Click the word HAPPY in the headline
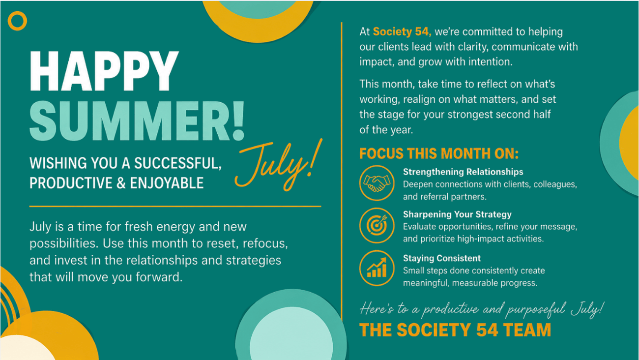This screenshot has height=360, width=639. [x=104, y=71]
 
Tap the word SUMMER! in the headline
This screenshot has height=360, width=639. [x=137, y=121]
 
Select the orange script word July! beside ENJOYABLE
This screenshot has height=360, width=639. [x=279, y=165]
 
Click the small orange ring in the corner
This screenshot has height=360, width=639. [x=17, y=21]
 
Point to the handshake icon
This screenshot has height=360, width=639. [x=377, y=183]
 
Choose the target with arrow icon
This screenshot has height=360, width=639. [x=377, y=226]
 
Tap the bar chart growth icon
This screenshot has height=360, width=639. [x=377, y=268]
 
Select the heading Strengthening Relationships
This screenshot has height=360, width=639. [x=463, y=172]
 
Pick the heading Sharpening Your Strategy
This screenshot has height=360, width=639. [x=457, y=214]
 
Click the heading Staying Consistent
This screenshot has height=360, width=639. [x=442, y=258]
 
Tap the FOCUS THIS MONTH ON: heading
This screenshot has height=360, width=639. [x=439, y=153]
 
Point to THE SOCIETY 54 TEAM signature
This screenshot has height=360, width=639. [x=455, y=330]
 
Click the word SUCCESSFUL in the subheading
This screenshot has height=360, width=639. [x=178, y=163]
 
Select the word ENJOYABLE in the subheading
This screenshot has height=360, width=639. [x=167, y=183]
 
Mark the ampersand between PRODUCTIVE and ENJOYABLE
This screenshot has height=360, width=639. [x=121, y=183]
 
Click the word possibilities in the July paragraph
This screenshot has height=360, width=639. [x=64, y=243]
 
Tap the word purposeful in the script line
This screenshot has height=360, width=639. [x=536, y=310]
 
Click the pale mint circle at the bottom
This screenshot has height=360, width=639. [x=291, y=333]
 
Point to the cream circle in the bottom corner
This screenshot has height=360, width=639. [x=27, y=348]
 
